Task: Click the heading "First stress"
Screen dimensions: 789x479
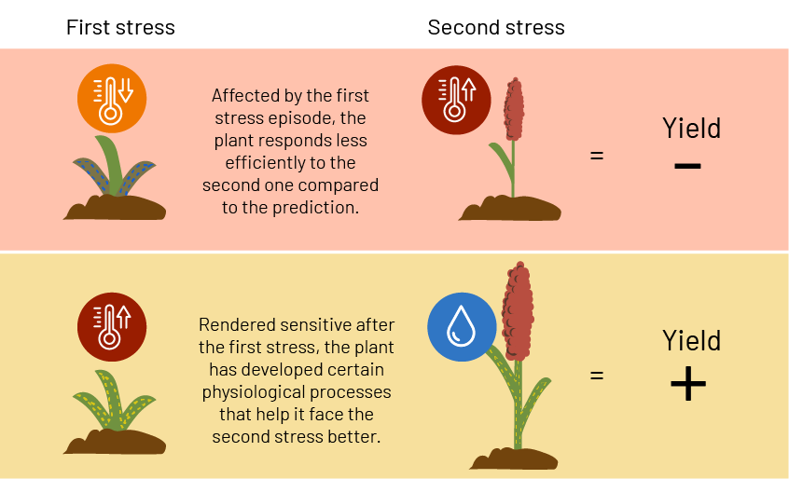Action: tap(120, 27)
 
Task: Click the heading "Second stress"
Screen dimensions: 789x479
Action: tap(496, 27)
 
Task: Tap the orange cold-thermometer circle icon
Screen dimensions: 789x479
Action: tap(112, 99)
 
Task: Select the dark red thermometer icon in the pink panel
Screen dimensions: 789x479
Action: tap(456, 100)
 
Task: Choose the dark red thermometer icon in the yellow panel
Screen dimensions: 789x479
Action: tap(112, 327)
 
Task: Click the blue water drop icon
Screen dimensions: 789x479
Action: tap(462, 327)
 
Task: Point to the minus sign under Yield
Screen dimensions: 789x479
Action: tap(688, 165)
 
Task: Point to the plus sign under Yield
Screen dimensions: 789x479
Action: tap(688, 384)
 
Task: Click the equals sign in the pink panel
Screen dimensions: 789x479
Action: tap(597, 156)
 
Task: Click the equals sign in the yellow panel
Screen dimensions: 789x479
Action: tap(597, 376)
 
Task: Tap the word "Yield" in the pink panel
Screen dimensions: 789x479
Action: tap(692, 129)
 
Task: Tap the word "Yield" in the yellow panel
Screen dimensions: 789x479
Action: tap(692, 341)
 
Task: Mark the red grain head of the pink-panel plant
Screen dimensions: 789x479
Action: tap(514, 109)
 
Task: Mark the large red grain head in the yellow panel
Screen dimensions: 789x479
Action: tap(518, 311)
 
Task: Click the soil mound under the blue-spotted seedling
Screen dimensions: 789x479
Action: tap(115, 207)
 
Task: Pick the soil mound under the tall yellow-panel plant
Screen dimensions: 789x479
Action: tap(514, 458)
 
